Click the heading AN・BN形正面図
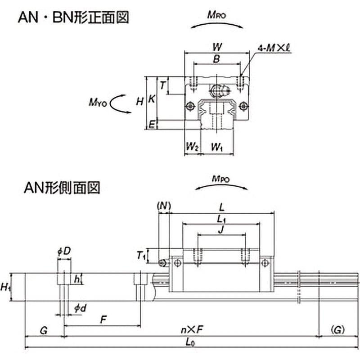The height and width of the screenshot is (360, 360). pos(73,18)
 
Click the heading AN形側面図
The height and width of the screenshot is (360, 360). pos(62,188)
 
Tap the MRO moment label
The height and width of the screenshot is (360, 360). pos(217,15)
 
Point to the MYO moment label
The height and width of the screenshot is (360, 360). pos(98,102)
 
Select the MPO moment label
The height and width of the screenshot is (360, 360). pos(220,179)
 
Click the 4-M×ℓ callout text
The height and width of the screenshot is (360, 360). pos(274,48)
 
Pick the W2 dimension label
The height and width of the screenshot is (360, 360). pos(192,147)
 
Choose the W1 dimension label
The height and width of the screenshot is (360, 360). pos(217,147)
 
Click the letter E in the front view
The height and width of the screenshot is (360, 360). pos(152,125)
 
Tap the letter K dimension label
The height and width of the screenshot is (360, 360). pos(152,99)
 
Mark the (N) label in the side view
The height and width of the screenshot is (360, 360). pos(164,206)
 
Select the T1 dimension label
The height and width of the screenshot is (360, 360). pos(141,255)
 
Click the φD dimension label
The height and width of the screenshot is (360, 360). pos(64,252)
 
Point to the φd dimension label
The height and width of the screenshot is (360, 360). pos(80,308)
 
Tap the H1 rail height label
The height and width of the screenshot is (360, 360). pos(6,287)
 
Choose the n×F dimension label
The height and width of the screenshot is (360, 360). pos(192,330)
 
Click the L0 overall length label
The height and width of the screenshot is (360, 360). pos(190,342)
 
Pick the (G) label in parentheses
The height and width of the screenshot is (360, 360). pos(338,330)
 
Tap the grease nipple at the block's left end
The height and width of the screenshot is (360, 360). pos(163,263)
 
